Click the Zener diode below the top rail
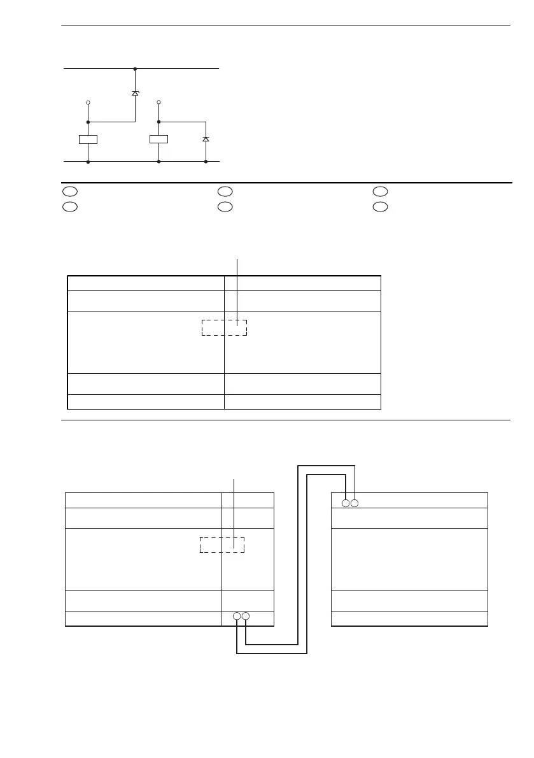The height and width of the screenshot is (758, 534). [135, 93]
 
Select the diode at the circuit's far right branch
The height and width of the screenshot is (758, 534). [206, 138]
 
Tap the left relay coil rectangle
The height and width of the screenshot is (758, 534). [88, 139]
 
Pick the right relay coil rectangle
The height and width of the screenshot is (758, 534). [158, 139]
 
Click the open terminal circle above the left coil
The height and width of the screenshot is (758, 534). [88, 102]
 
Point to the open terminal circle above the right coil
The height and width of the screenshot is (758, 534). [158, 102]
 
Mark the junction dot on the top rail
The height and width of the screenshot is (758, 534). [135, 68]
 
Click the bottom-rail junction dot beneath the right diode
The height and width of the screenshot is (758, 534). [206, 162]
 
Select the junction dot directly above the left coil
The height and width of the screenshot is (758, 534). [88, 121]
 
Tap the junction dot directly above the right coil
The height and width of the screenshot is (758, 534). [158, 121]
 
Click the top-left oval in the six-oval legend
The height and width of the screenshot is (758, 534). [69, 191]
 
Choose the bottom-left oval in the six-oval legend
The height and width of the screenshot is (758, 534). [69, 206]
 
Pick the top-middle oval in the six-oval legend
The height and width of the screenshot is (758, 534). [224, 191]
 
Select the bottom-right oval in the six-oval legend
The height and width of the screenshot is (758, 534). [380, 206]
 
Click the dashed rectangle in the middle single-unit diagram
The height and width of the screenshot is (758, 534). [224, 327]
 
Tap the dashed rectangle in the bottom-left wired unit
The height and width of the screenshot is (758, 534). [222, 545]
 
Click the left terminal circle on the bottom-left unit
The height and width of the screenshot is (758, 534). [237, 617]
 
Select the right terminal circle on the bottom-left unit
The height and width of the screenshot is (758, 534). [246, 617]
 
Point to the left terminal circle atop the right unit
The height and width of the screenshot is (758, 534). [346, 503]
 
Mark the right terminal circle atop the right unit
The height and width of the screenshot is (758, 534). [355, 503]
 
